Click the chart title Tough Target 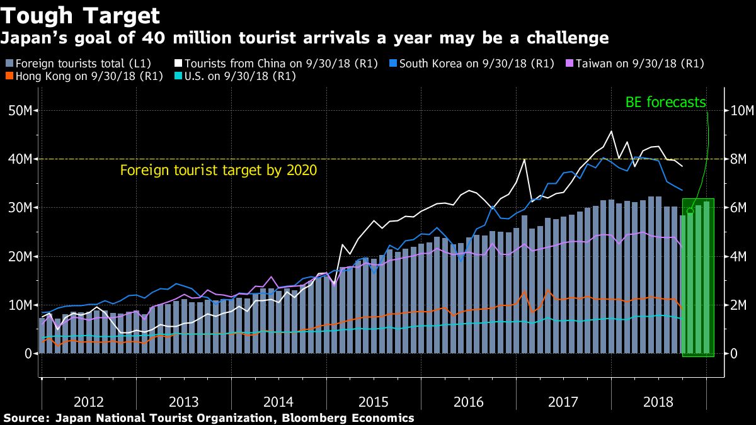click(80, 15)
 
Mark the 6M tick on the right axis click(736, 208)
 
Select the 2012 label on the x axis click(89, 402)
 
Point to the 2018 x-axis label click(659, 402)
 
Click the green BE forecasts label click(665, 102)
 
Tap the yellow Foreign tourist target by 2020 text click(218, 170)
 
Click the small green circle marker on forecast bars click(690, 211)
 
